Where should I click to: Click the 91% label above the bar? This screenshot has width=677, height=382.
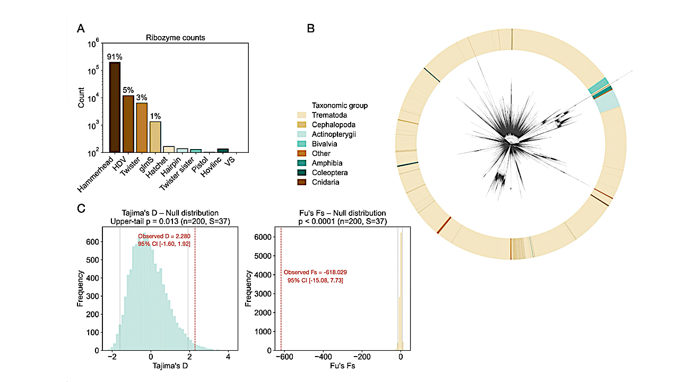115,57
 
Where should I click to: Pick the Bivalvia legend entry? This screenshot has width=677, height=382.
324,144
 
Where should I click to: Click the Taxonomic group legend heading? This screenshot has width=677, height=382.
340,106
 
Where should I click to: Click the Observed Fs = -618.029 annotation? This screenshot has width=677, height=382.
315,272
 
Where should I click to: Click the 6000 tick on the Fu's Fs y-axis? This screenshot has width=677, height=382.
263,238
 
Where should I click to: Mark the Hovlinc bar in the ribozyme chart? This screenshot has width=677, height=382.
223,151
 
